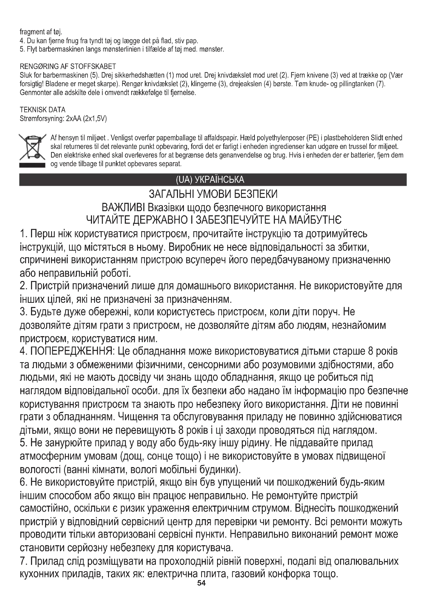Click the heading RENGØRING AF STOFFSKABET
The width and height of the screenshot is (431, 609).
[68, 66]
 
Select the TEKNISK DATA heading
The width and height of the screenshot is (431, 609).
[42, 110]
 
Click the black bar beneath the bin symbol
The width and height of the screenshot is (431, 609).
[32, 166]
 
